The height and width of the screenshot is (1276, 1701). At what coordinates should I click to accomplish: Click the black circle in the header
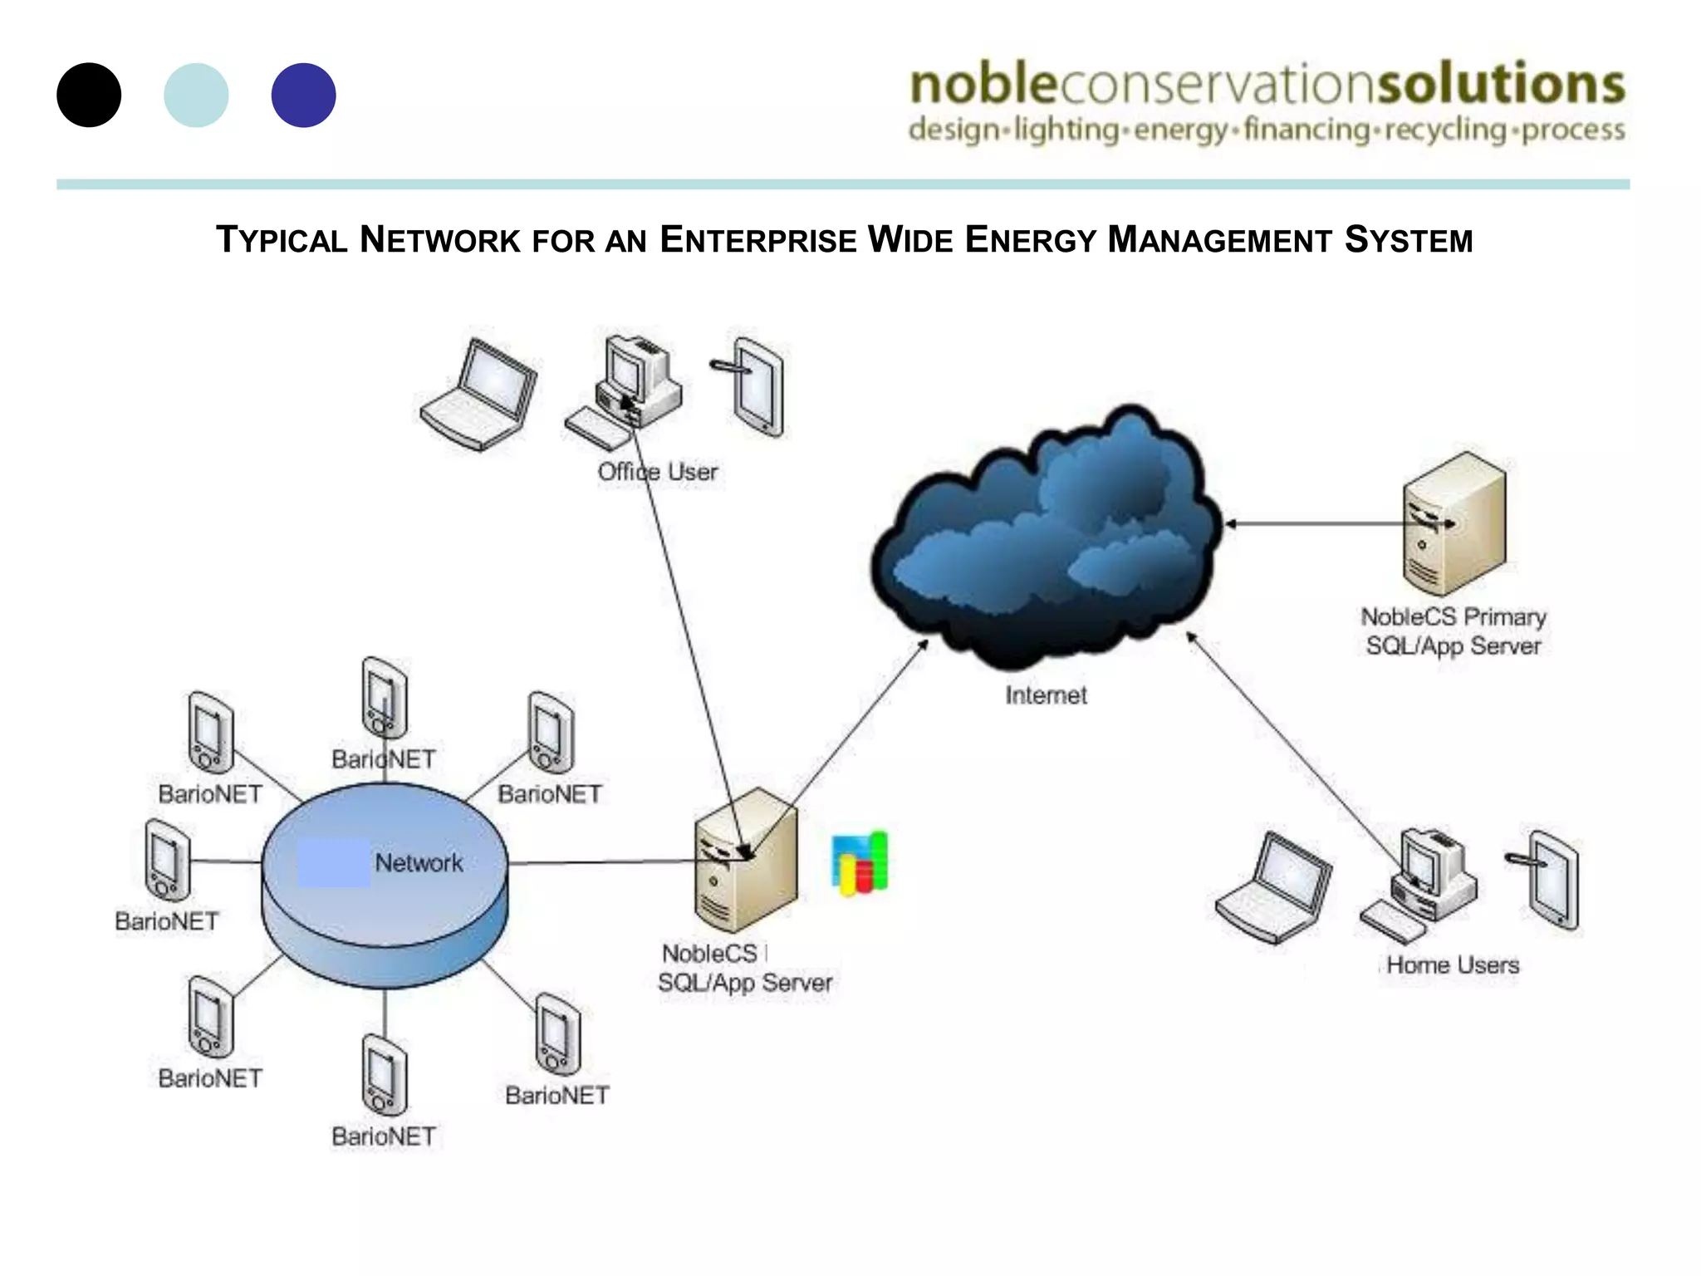89,95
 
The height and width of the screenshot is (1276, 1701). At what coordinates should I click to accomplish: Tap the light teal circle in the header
196,95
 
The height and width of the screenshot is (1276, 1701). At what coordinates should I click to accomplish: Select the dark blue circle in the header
303,95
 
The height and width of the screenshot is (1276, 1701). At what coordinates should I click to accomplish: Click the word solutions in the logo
1500,84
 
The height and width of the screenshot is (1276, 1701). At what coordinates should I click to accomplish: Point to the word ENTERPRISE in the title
757,240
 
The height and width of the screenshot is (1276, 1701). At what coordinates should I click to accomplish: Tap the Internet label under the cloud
1046,695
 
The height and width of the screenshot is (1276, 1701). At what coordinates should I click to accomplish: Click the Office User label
657,472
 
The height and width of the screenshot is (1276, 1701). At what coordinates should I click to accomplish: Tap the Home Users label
1453,965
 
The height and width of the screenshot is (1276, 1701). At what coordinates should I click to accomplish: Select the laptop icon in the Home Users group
1273,887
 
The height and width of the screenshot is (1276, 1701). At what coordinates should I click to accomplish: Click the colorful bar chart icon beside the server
860,864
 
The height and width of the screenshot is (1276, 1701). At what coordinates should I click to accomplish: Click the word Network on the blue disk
419,863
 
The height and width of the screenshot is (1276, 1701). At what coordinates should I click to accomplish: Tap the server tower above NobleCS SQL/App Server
745,860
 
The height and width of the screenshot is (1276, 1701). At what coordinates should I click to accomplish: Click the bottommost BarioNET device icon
385,1075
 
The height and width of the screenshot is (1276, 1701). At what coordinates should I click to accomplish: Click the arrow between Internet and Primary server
1312,523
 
